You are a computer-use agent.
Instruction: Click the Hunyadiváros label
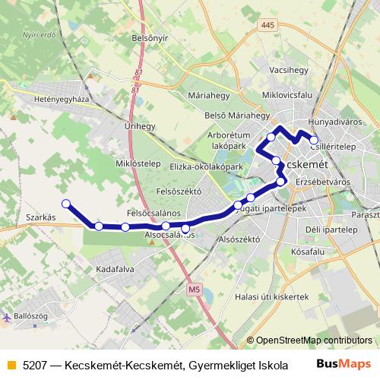tap(332, 122)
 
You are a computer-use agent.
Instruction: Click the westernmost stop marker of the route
tap(66, 203)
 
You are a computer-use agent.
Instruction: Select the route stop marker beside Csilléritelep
tap(314, 140)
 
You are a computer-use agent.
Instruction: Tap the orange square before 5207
tap(10, 364)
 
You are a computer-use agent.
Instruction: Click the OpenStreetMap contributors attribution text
tap(314, 340)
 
